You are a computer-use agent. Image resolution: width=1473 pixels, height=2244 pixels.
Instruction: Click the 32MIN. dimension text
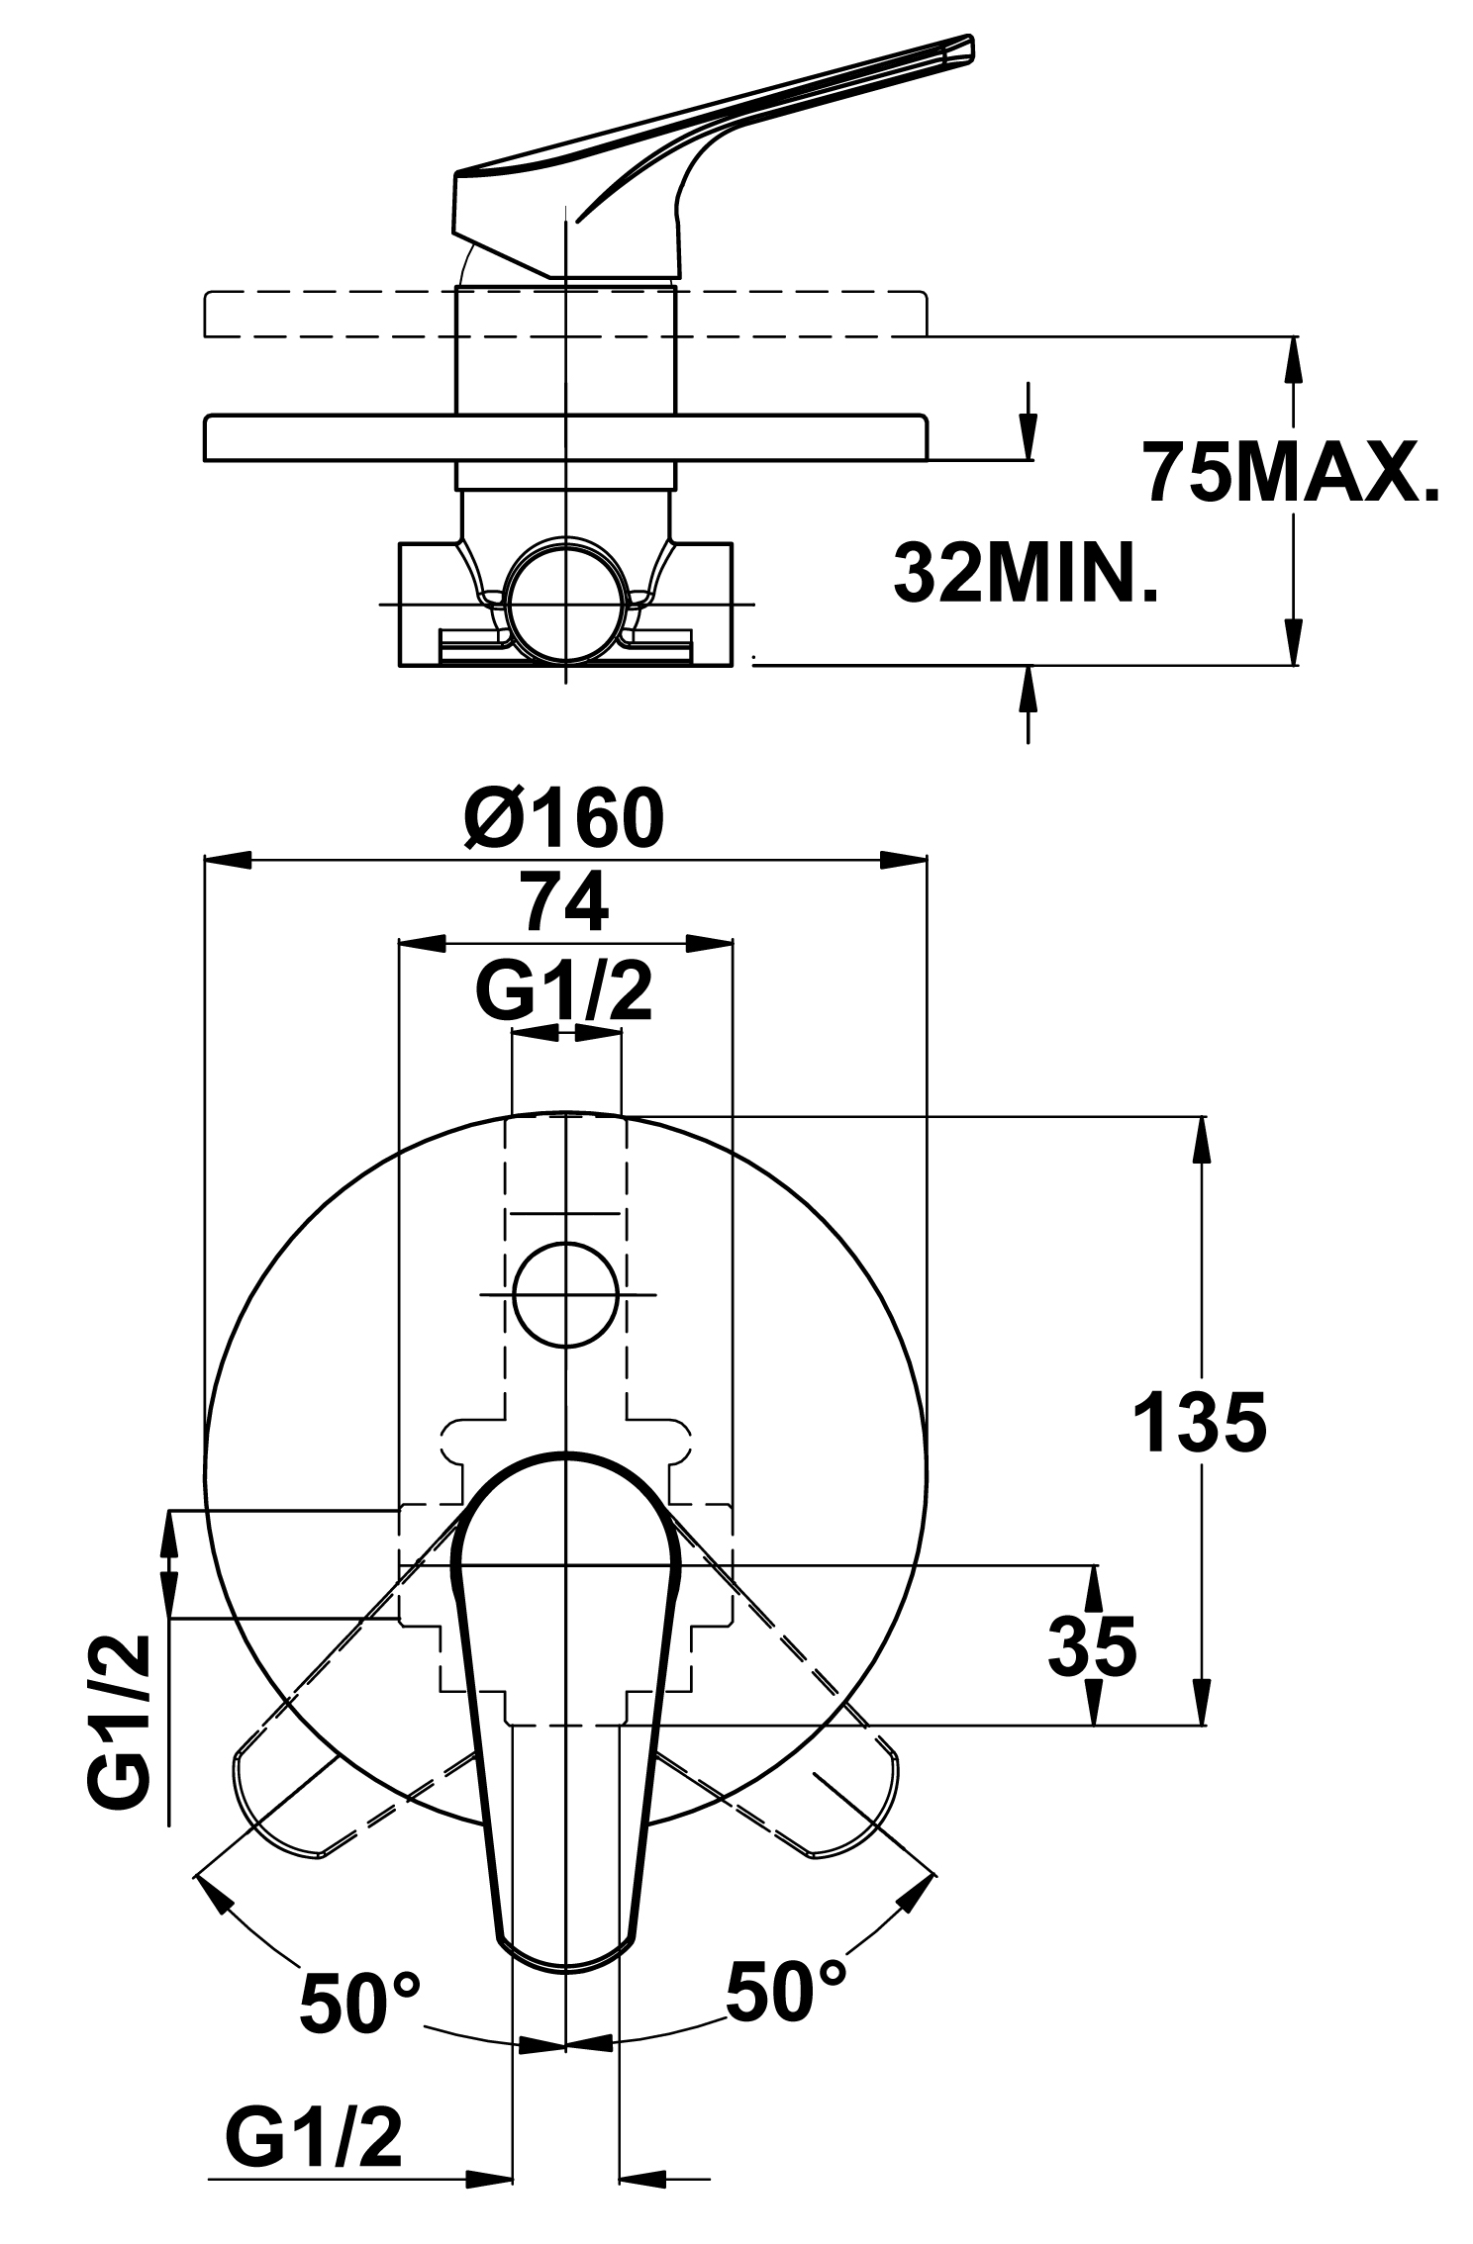1026,572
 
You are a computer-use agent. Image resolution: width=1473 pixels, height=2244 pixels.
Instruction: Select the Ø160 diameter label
565,817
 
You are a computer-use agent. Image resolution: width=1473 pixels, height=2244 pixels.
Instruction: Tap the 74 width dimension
565,903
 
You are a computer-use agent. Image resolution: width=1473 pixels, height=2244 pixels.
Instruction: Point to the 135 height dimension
1199,1423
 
